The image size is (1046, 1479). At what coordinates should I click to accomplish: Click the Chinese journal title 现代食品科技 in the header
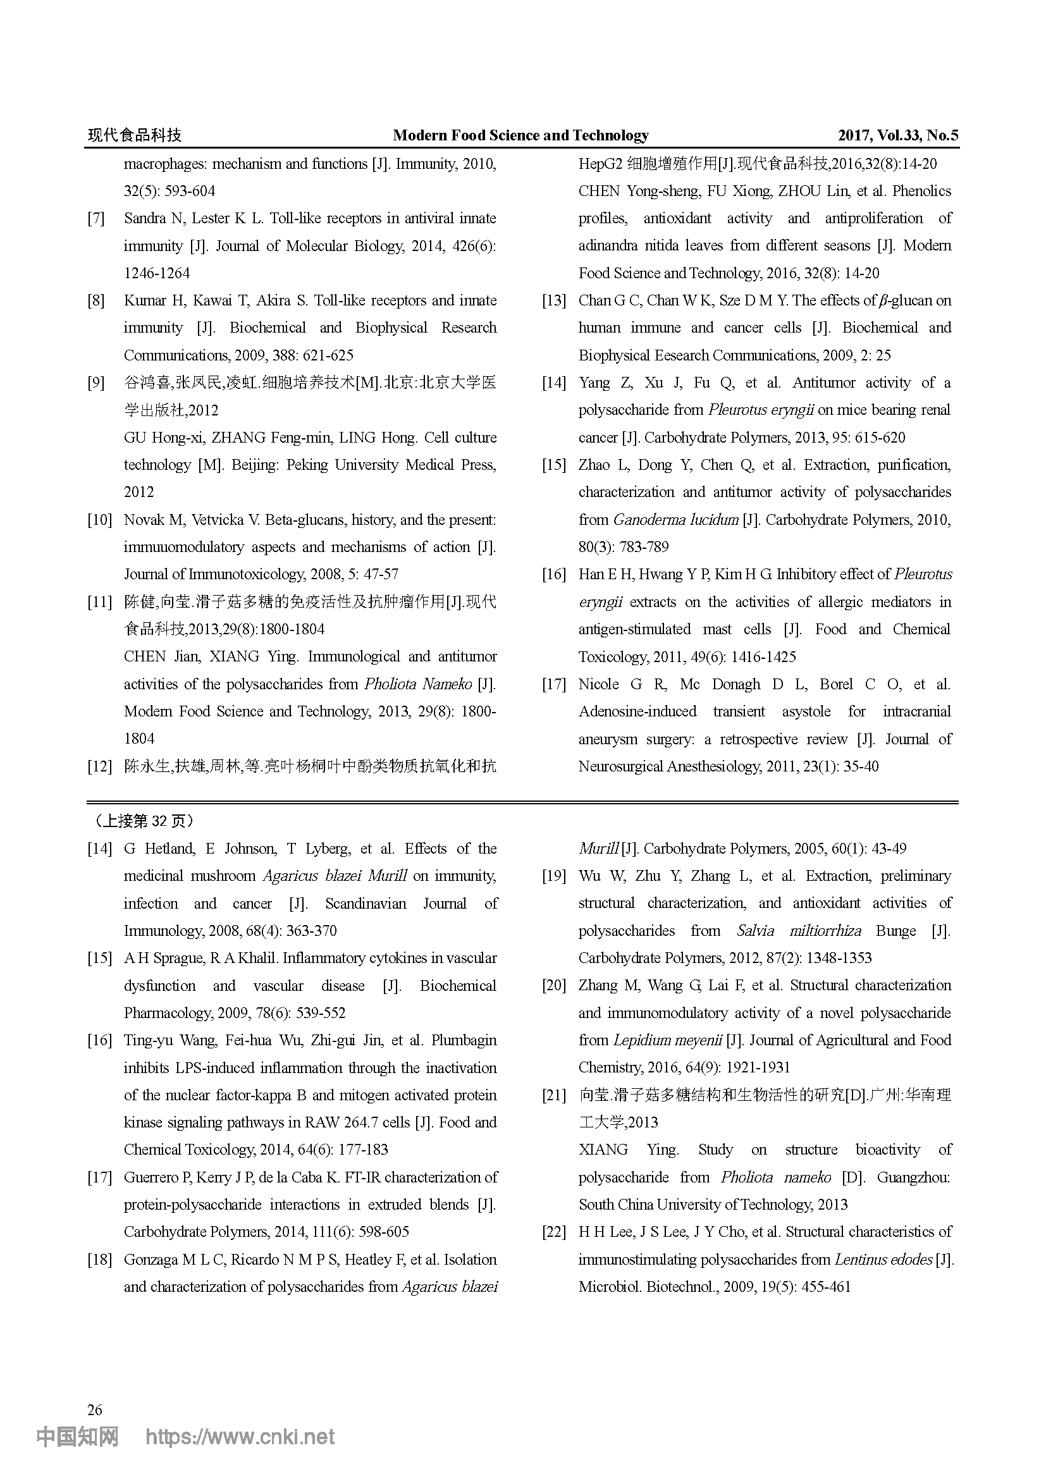pos(135,135)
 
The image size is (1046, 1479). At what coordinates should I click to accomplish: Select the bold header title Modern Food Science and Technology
pos(520,135)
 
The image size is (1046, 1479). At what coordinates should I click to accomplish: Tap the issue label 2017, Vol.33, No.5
pos(897,135)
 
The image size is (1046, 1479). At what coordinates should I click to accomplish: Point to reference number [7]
pos(95,218)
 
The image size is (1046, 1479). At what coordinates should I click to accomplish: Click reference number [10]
pos(99,520)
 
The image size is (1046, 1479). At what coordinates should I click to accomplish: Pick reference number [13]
pos(553,300)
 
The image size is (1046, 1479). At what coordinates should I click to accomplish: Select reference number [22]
pos(553,1232)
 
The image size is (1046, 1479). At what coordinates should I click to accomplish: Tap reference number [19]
pos(553,875)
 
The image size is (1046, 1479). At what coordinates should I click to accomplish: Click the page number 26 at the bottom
pos(95,1410)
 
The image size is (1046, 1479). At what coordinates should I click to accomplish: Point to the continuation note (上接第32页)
pos(143,821)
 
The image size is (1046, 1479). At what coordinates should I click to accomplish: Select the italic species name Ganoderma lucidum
pos(675,520)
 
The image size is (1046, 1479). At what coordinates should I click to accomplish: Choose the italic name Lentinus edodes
pos(883,1260)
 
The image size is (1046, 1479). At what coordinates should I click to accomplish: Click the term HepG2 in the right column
pos(600,164)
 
